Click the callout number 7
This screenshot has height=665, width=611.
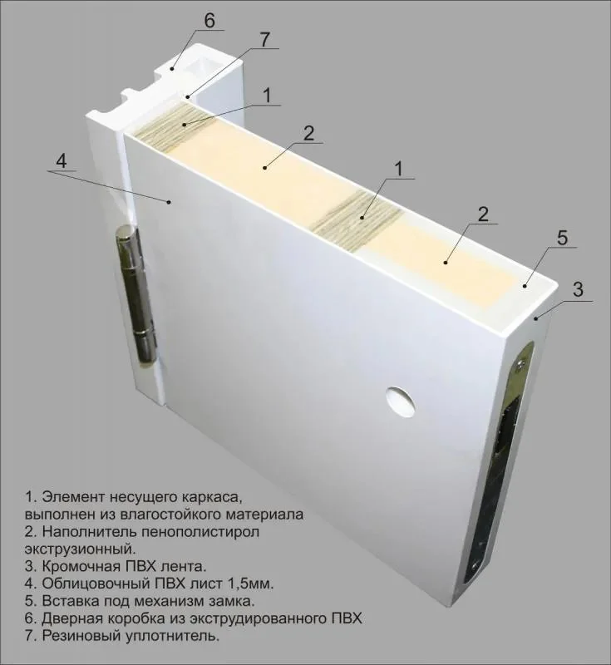264,40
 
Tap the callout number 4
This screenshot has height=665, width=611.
61,161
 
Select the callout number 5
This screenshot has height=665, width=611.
562,238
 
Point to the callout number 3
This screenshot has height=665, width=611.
578,289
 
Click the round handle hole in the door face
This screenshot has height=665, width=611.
400,401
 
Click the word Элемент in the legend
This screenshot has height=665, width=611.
74,497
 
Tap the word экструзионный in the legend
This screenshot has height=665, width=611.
80,549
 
